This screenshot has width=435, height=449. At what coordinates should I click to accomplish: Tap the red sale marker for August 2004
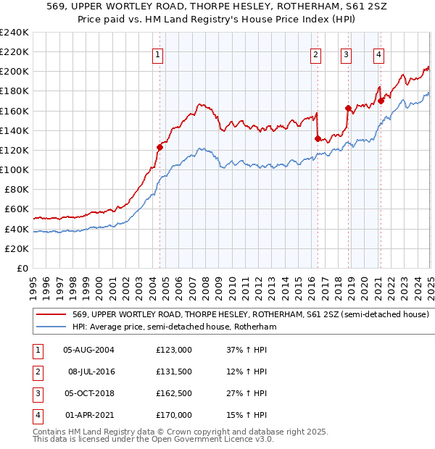pyautogui.click(x=160, y=147)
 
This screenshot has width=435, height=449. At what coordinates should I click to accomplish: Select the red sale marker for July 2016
pyautogui.click(x=318, y=138)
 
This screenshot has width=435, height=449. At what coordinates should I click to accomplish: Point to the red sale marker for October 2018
pyautogui.click(x=348, y=109)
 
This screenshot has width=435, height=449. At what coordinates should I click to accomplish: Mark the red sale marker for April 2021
pyautogui.click(x=381, y=101)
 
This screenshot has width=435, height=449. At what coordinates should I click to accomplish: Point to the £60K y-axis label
pyautogui.click(x=16, y=209)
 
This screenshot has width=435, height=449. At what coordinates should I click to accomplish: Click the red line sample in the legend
pyautogui.click(x=51, y=314)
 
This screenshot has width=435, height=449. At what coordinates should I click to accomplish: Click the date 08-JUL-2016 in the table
pyautogui.click(x=88, y=372)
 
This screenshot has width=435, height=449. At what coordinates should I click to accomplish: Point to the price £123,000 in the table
pyautogui.click(x=174, y=350)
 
